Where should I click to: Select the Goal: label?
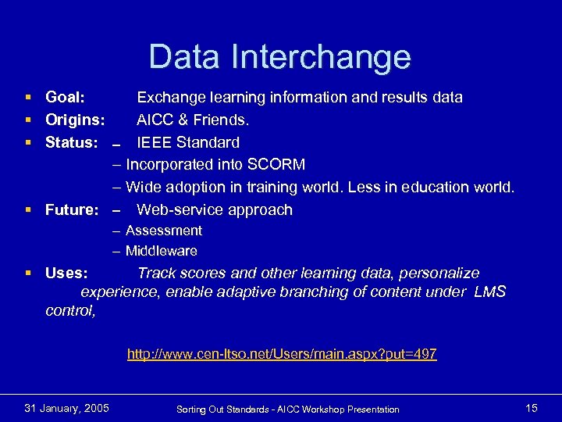click(x=66, y=98)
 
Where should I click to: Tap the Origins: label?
click(x=75, y=120)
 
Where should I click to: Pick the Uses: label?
click(x=66, y=274)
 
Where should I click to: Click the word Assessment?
click(x=163, y=231)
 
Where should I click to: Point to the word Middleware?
click(x=161, y=252)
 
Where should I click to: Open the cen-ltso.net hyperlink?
click(x=282, y=355)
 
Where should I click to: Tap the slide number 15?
click(x=532, y=408)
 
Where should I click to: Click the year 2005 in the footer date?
click(x=94, y=408)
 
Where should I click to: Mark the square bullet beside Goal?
click(x=28, y=98)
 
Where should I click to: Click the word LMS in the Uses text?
click(x=489, y=292)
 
